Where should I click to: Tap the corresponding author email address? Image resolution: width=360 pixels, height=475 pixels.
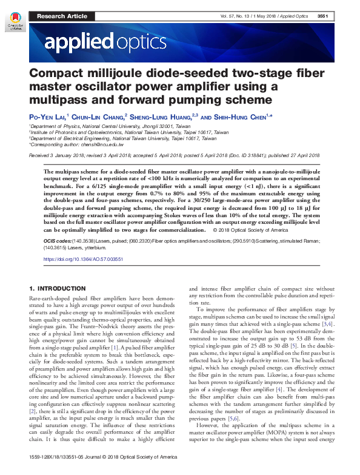pyautogui.click(x=105, y=145)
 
